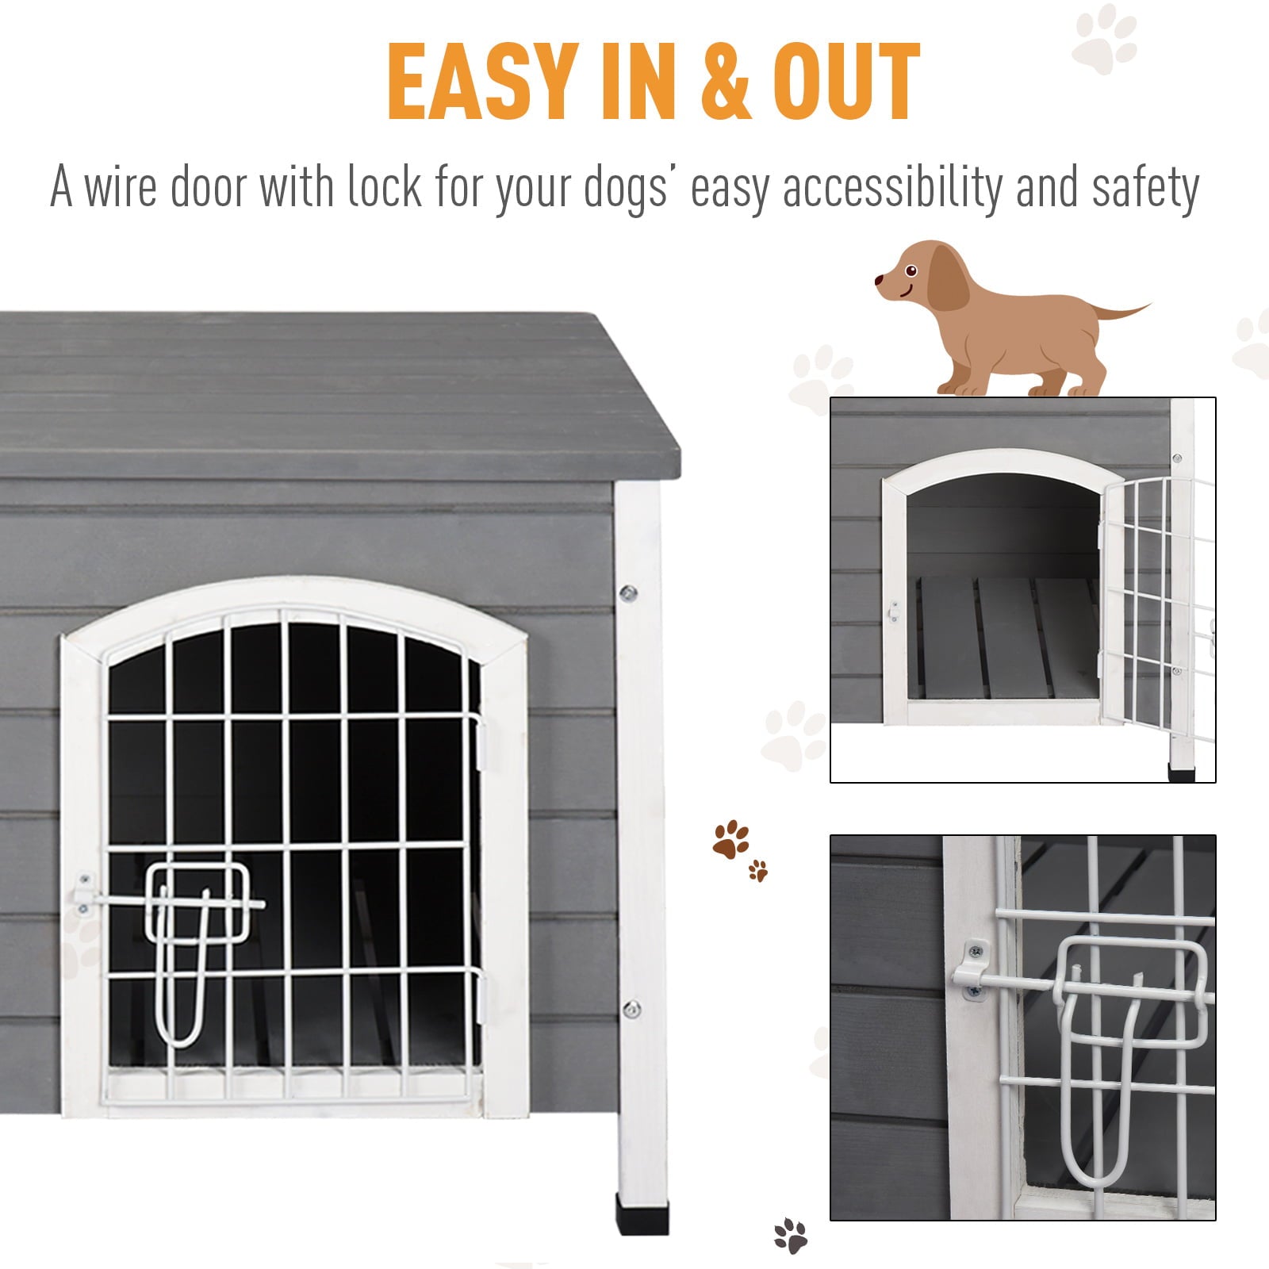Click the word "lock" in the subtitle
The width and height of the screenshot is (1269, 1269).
point(384,188)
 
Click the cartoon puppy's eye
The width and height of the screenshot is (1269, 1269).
point(911,271)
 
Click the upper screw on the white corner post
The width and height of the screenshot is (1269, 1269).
point(628,592)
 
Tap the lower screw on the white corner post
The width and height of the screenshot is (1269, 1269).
point(631,1010)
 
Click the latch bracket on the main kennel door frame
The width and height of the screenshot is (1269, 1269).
point(82,894)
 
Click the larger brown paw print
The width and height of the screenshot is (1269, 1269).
point(730,839)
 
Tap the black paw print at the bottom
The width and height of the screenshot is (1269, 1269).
point(790,1236)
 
